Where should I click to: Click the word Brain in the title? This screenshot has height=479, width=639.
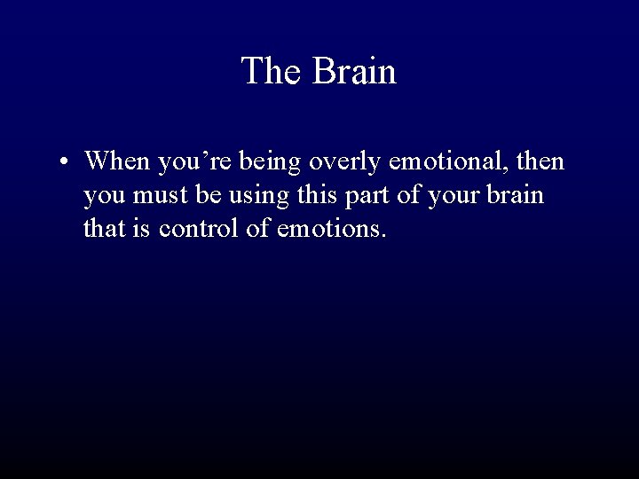(354, 71)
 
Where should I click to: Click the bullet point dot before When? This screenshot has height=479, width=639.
(67, 163)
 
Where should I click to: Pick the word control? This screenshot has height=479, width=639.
(201, 229)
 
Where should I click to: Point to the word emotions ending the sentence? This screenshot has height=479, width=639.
(331, 229)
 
